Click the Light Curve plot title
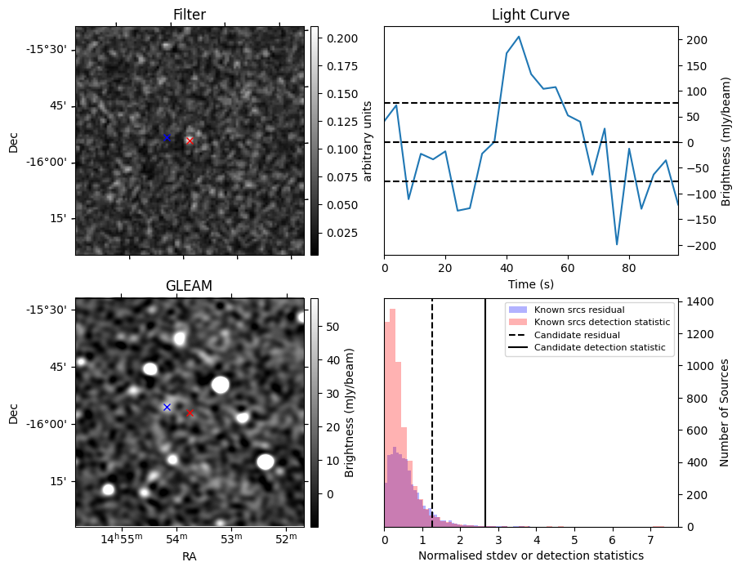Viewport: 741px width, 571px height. (530, 15)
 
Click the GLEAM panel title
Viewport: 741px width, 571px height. (189, 286)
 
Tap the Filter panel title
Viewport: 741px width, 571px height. (189, 15)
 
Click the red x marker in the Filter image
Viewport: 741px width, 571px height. (190, 141)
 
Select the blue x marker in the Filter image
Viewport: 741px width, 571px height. (167, 137)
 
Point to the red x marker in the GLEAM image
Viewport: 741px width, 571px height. (190, 413)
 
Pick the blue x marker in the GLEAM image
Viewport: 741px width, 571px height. (167, 407)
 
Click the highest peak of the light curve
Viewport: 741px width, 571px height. (519, 37)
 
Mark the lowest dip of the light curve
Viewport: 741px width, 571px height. (617, 244)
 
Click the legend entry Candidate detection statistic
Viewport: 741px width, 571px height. (599, 348)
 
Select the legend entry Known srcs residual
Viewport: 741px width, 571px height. (578, 310)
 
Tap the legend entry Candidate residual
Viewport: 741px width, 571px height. (576, 335)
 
